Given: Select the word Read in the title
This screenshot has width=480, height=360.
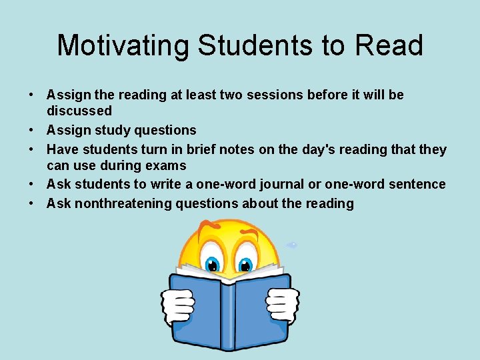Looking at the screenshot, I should [x=389, y=45].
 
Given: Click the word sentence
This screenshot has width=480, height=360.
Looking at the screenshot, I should [x=417, y=184].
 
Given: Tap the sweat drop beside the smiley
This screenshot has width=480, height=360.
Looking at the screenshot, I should [x=291, y=245].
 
